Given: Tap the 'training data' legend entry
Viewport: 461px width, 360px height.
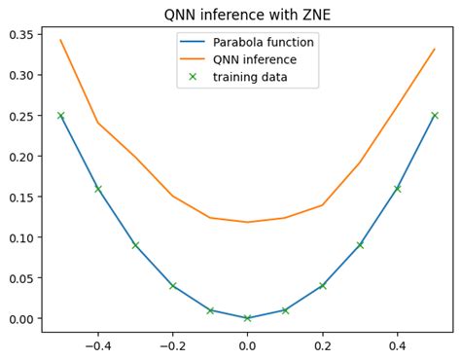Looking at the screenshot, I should [x=252, y=77].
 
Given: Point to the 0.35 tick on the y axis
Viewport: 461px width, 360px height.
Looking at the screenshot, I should [x=21, y=34].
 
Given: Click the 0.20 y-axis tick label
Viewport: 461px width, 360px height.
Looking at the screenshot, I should [x=21, y=156].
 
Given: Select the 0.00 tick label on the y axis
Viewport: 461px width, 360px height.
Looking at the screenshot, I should [x=21, y=318].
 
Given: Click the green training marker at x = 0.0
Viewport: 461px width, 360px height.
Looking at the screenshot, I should [x=247, y=318].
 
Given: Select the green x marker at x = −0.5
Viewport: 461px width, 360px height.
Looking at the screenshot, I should [x=60, y=115].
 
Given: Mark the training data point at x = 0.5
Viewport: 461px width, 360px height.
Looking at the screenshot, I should [x=435, y=115].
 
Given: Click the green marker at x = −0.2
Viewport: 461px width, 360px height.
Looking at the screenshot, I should [x=172, y=285].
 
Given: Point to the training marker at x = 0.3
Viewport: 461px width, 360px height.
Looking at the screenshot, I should [x=360, y=245].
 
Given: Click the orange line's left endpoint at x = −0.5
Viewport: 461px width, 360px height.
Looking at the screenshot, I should [x=60, y=40].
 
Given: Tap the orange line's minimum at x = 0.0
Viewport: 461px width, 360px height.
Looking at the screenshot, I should [x=247, y=222].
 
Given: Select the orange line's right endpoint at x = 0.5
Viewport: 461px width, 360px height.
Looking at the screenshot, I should [x=435, y=49].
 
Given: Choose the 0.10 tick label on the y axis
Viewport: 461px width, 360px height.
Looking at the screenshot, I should [x=21, y=236].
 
